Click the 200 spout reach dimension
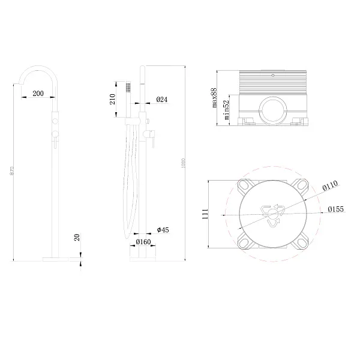pos(38,94)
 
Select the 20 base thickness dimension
pos(77,238)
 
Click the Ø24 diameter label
pos(161,100)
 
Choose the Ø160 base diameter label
pos(143,242)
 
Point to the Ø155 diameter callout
pos(336,209)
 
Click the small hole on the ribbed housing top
pos(273,76)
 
